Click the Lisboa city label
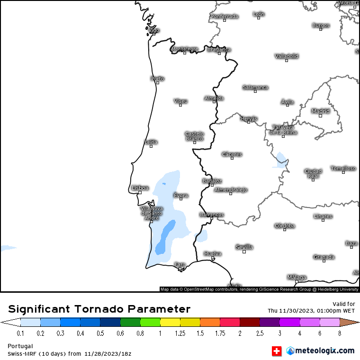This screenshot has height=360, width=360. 140,188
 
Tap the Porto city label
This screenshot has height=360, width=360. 157,79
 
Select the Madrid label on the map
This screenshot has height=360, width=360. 320,111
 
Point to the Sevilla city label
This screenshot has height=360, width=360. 244,247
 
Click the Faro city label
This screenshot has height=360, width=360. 180,264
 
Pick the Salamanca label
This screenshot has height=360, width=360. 255,87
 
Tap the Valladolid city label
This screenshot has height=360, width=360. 287,56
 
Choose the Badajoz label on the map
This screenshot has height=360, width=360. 212,181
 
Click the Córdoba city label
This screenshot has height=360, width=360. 285,226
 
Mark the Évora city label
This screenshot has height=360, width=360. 181,196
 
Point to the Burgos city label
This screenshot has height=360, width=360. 321,25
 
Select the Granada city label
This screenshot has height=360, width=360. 324,257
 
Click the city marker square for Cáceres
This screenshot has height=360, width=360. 232,158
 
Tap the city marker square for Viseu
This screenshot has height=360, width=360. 180,105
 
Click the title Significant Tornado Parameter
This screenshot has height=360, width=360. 99,309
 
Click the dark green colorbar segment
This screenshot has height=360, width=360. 130,323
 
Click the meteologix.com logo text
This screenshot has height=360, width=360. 325,351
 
